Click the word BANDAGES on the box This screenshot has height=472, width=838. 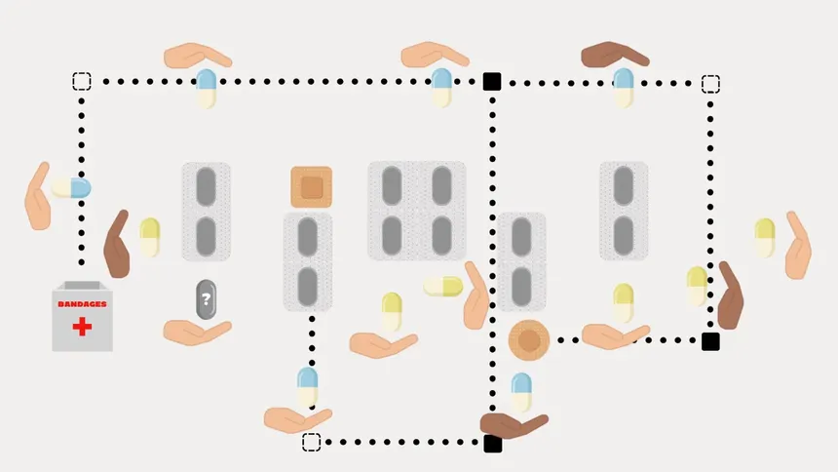click(82, 304)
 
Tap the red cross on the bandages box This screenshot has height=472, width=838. click(82, 327)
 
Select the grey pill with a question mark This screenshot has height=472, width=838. click(206, 299)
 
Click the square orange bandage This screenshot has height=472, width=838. click(312, 187)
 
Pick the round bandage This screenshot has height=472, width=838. click(528, 340)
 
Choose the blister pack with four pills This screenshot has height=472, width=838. click(417, 211)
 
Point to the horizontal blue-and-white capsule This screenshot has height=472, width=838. click(71, 188)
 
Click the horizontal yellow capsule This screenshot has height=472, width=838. click(443, 287)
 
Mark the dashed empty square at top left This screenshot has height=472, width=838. click(82, 81)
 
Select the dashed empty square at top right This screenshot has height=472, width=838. click(710, 84)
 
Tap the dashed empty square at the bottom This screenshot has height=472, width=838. click(312, 442)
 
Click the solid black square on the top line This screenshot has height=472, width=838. click(492, 81)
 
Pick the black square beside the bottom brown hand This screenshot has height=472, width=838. click(493, 444)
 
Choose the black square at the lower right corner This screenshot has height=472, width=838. click(710, 341)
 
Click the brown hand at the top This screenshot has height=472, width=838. click(615, 55)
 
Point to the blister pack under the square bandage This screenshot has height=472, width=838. click(308, 261)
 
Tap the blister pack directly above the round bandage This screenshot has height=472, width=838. click(521, 261)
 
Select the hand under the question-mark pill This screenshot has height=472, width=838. click(197, 333)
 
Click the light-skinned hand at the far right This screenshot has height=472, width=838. click(798, 246)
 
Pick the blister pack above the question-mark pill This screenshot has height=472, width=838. click(207, 212)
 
